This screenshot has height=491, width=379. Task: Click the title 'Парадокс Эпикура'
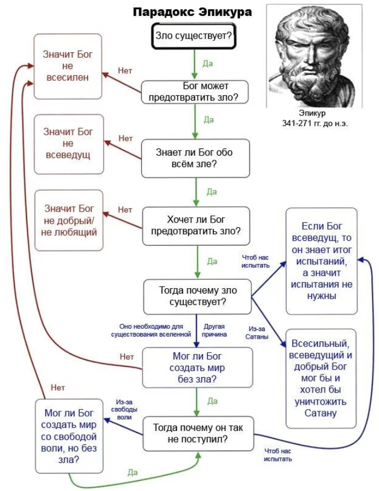193,12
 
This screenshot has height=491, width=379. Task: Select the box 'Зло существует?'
194,36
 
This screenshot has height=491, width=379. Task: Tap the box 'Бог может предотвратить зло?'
195,92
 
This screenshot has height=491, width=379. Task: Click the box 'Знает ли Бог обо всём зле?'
195,158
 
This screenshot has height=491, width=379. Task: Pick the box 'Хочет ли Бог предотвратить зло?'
196,226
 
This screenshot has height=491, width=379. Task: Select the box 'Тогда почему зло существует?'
197,296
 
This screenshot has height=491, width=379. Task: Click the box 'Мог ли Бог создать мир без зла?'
197,368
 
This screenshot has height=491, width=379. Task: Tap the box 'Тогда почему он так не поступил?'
198,434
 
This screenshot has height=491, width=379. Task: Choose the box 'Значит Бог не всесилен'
68,67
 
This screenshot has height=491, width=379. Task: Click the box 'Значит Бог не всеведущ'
69,144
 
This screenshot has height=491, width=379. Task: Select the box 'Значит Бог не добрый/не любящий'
69,220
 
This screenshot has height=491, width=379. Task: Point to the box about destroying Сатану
321,378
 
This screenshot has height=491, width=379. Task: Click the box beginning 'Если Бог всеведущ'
322,261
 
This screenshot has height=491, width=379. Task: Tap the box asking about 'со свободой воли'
69,436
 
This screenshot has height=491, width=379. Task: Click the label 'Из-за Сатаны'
257,333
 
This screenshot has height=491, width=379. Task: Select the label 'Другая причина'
214,330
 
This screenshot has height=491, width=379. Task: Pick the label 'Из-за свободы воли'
124,409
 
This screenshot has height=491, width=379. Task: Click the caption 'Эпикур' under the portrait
312,113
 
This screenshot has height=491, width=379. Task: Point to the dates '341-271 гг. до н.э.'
315,123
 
